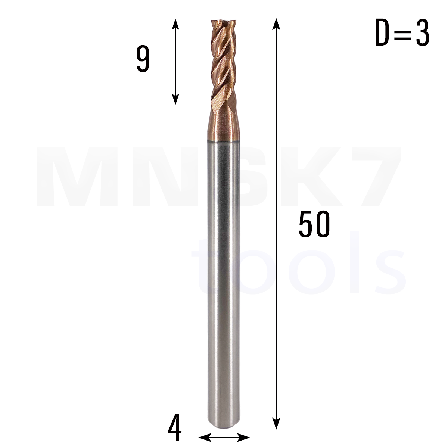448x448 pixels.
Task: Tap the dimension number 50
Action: [314, 224]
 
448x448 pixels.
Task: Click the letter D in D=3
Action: [382, 32]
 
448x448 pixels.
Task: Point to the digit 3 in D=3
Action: [422, 32]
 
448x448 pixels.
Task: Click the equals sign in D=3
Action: [402, 33]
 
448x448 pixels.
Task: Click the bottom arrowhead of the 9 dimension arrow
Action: [175, 99]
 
